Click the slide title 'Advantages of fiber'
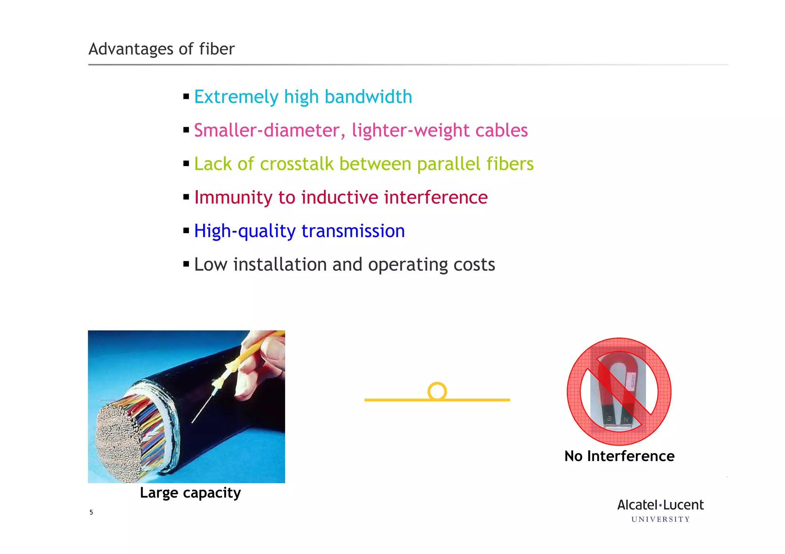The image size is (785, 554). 161,49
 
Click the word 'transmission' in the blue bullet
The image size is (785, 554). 353,231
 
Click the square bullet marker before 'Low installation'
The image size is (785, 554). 186,264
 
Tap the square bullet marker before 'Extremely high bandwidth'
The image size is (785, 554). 186,96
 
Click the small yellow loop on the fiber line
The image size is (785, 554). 437,391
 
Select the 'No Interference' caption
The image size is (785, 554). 619,456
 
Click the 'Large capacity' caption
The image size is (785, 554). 190,493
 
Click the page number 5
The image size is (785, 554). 91,512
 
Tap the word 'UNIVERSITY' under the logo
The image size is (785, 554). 660,520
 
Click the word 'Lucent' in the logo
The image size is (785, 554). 683,505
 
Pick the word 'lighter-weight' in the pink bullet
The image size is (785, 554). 410,131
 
